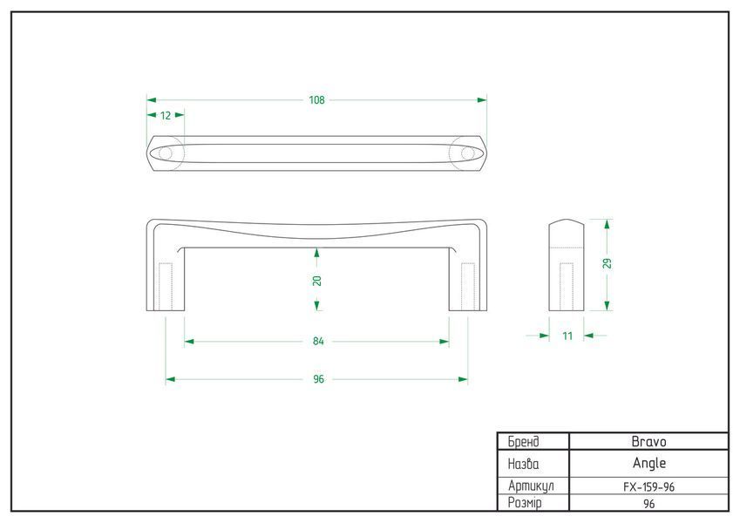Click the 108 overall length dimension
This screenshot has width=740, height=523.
click(x=316, y=100)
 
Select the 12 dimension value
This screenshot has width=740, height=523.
click(x=166, y=115)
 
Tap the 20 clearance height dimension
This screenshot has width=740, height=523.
click(x=316, y=281)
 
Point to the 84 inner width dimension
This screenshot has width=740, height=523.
click(x=318, y=341)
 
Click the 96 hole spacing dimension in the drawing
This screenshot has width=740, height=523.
click(x=318, y=379)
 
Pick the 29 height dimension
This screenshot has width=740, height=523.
click(x=608, y=263)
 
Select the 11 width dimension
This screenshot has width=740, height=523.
click(x=567, y=336)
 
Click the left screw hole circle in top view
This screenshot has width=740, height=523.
click(x=166, y=153)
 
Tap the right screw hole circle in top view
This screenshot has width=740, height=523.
click(x=468, y=153)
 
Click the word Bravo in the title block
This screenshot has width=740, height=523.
click(x=648, y=442)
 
